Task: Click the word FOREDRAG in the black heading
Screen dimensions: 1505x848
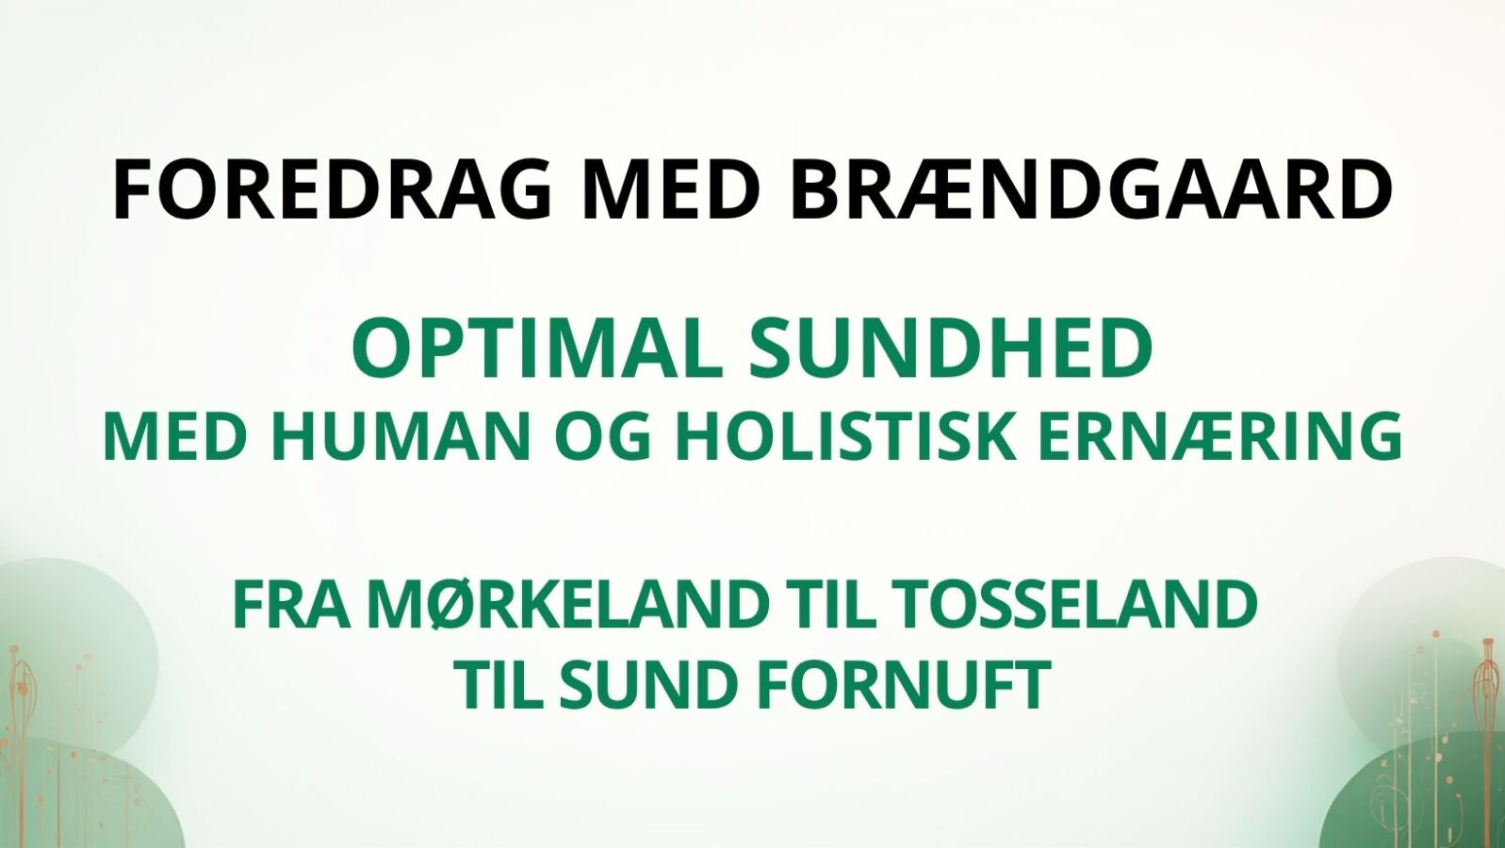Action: [332, 190]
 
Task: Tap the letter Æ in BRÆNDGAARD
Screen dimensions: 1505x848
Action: [935, 190]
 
